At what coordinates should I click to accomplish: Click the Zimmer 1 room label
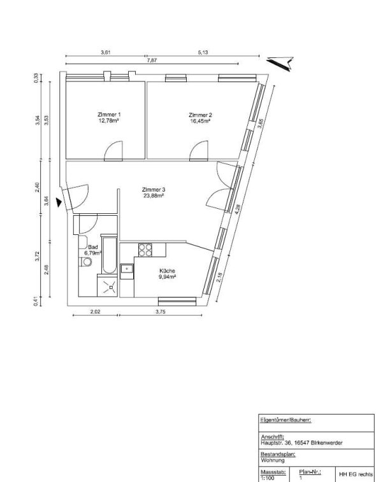pyautogui.click(x=108, y=115)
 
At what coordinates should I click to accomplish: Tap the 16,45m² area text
pyautogui.click(x=200, y=121)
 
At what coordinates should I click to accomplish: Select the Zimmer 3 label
pyautogui.click(x=152, y=190)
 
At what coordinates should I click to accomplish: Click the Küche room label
pyautogui.click(x=168, y=271)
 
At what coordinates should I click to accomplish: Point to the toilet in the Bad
pyautogui.click(x=85, y=262)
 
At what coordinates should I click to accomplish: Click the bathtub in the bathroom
pyautogui.click(x=109, y=255)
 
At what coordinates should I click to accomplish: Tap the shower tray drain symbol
pyautogui.click(x=110, y=287)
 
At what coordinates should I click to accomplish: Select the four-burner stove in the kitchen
pyautogui.click(x=145, y=250)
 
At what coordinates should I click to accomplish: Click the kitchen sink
pyautogui.click(x=127, y=269)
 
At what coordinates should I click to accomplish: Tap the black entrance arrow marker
pyautogui.click(x=59, y=202)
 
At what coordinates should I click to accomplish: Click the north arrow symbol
pyautogui.click(x=280, y=63)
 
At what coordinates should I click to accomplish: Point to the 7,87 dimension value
pyautogui.click(x=152, y=60)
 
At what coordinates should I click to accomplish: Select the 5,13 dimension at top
pyautogui.click(x=203, y=52)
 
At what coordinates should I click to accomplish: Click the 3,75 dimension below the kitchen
pyautogui.click(x=161, y=311)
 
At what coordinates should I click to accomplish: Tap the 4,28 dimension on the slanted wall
pyautogui.click(x=237, y=209)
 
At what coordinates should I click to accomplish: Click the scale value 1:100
pyautogui.click(x=268, y=478)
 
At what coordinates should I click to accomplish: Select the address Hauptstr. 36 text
pyautogui.click(x=301, y=443)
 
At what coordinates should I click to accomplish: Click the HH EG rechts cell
pyautogui.click(x=356, y=474)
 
